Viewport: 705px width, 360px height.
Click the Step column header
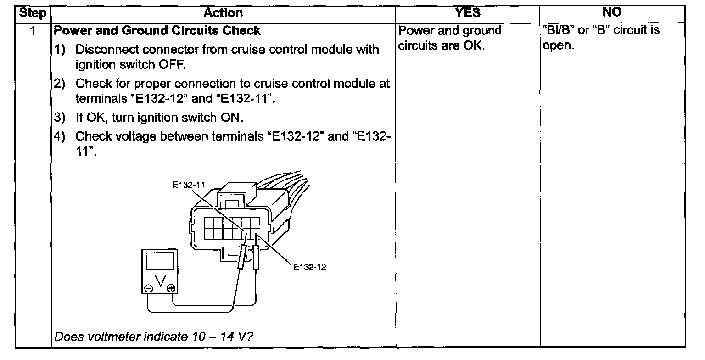(34, 13)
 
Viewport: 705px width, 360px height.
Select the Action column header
(223, 13)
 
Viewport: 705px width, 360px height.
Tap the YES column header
(467, 13)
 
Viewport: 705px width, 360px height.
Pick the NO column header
(612, 13)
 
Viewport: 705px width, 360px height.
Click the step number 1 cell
(33, 31)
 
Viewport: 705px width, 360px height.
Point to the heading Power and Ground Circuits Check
(157, 31)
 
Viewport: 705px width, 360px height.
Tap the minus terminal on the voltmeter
(149, 288)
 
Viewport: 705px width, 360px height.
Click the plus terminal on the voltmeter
(171, 288)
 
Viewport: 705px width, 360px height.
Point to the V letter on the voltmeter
(160, 280)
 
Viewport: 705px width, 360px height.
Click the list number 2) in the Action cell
(61, 84)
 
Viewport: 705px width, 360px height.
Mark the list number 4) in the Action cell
(61, 136)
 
